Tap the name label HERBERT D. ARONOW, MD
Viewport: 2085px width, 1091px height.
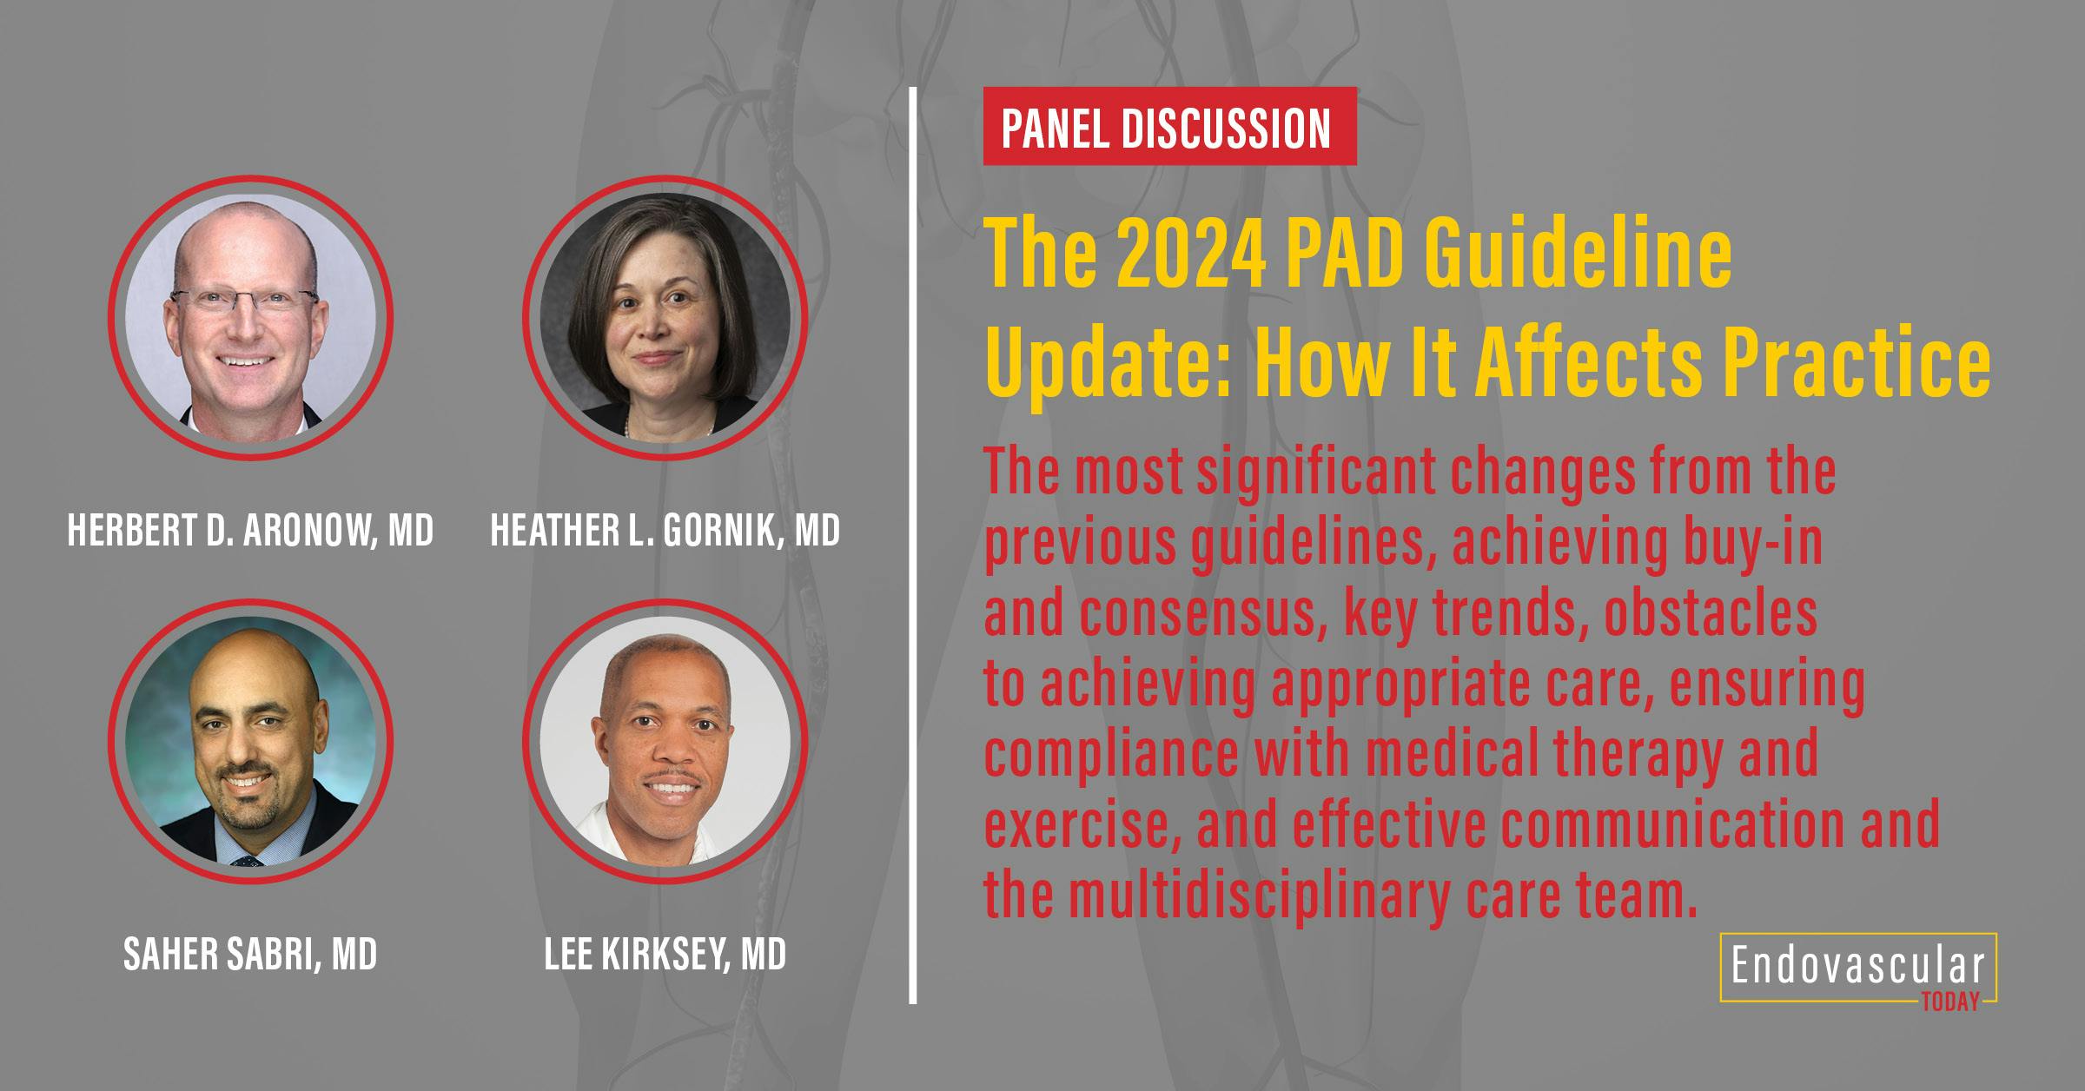250,530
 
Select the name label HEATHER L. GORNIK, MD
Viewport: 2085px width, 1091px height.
665,530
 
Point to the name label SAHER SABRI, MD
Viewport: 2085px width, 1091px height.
250,955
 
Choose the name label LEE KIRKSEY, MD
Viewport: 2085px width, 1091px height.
665,955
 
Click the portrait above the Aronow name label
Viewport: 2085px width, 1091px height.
250,318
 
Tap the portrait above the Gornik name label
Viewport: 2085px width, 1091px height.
665,318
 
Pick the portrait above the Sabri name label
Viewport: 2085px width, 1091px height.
250,742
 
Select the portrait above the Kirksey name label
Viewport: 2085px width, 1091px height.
665,742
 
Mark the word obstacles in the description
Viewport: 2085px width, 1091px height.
1711,614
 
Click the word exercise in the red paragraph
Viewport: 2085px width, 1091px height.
1081,825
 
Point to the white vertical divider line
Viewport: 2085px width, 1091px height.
913,545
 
